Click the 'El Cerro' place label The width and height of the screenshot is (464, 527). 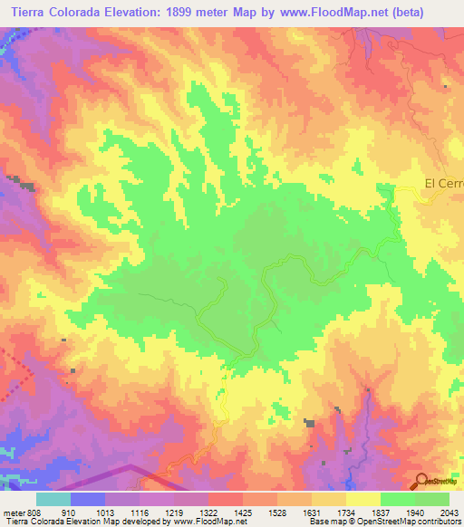coord(444,183)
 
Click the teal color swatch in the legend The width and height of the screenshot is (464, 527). coord(53,498)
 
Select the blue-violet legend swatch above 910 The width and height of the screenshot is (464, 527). coord(87,498)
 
